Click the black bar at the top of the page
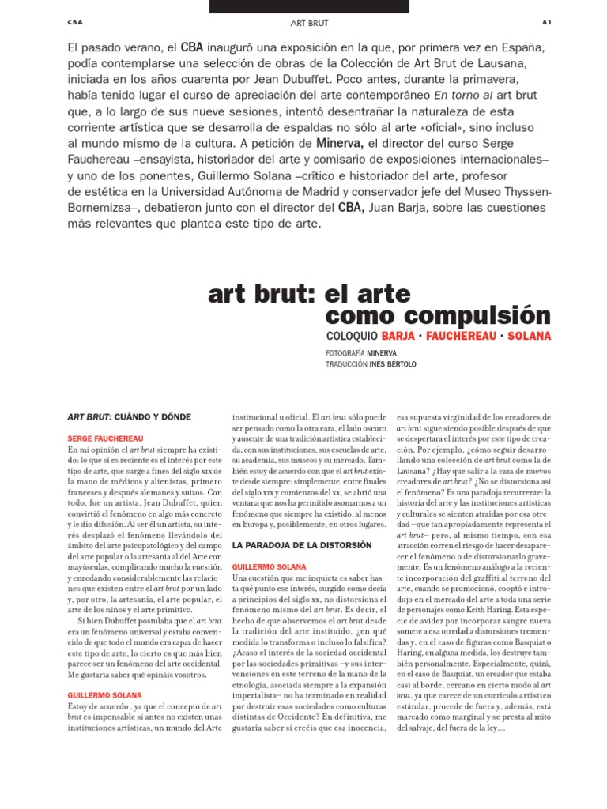pos(309,6)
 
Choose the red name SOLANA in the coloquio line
pos(530,337)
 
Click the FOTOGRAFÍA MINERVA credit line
pos(361,352)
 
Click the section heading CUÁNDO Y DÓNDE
pos(152,416)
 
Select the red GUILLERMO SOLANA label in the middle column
pos(268,566)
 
